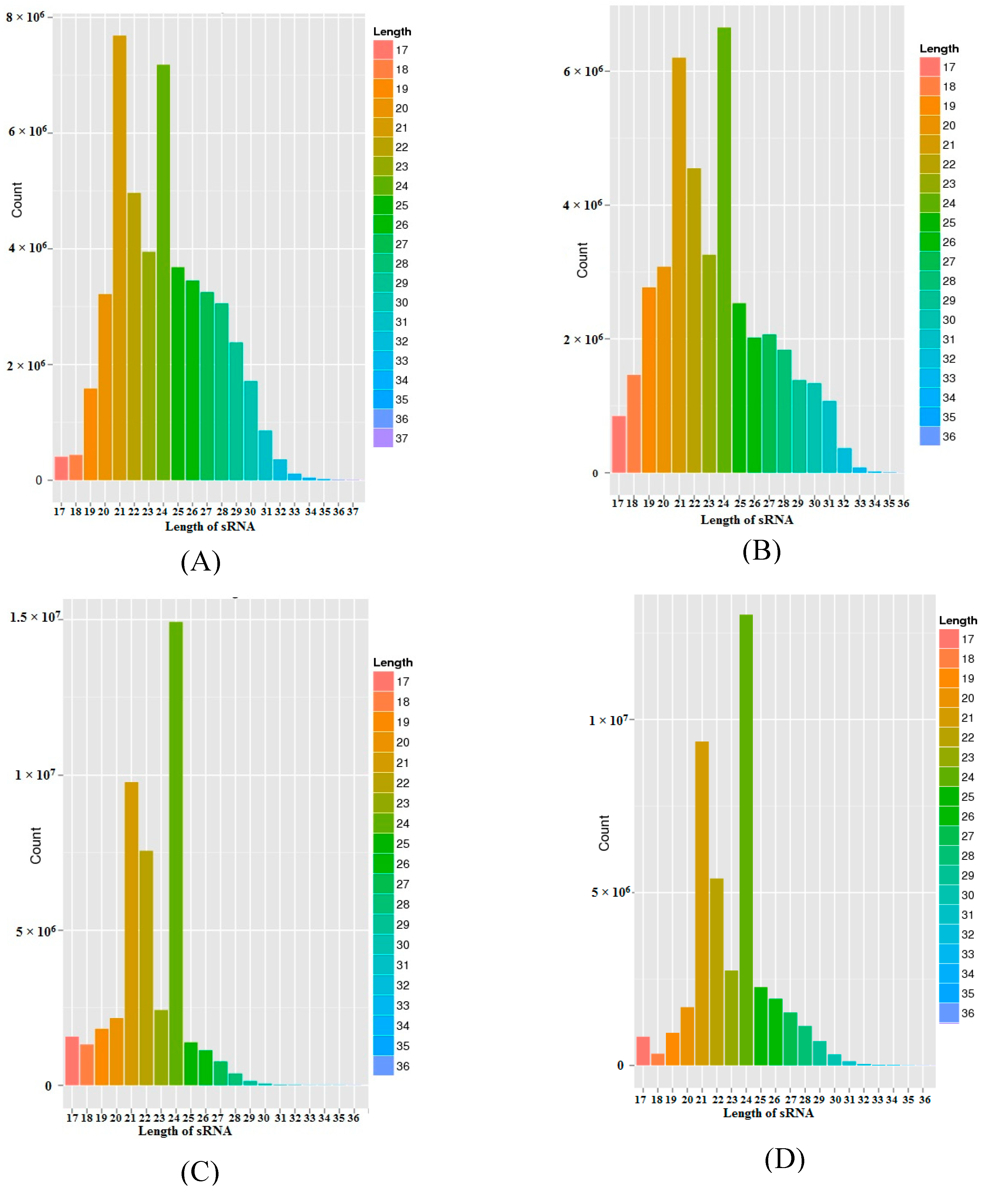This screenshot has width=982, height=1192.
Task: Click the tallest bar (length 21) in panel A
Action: pos(119,257)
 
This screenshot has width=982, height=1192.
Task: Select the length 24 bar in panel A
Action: pos(163,272)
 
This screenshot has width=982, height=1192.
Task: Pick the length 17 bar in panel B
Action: pos(619,444)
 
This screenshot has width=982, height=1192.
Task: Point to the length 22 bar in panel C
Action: pos(146,968)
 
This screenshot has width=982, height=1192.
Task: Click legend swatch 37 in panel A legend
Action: pos(383,438)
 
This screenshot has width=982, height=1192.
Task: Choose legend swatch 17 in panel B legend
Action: pos(929,67)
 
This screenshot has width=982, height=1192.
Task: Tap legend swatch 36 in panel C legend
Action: pos(383,1066)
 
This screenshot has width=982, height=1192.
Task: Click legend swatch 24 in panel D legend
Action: pos(949,777)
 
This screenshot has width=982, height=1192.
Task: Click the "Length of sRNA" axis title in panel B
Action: pos(747,519)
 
